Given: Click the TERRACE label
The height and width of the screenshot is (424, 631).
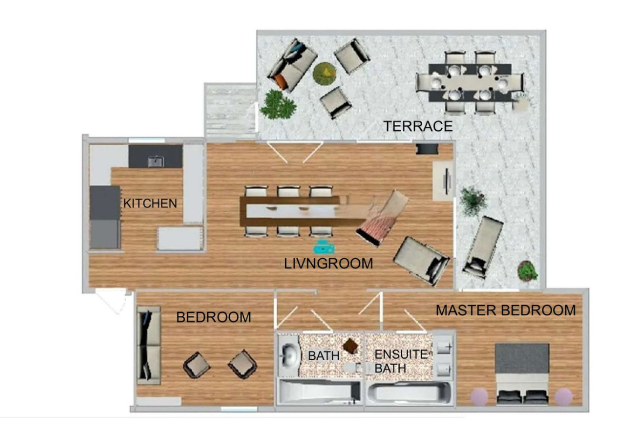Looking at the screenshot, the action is tap(418, 126).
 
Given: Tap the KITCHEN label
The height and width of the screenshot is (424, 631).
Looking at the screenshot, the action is tap(150, 203).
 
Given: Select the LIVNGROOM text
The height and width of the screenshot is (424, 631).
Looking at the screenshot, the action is tap(328, 264).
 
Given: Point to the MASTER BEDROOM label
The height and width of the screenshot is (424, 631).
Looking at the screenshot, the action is tap(505, 311).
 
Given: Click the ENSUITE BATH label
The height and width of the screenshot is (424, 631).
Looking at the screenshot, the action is tap(401, 361).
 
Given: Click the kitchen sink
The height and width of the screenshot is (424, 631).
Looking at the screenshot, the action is tap(156, 161).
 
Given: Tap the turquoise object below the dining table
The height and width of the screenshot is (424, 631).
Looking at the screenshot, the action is tap(324, 247).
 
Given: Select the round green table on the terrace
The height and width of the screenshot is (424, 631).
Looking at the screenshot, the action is tap(325, 74).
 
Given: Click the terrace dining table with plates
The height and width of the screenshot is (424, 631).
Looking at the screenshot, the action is tap(470, 83).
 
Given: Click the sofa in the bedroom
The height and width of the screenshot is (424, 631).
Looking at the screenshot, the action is tap(149, 345).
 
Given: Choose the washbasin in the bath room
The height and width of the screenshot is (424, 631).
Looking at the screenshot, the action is tap(289, 355).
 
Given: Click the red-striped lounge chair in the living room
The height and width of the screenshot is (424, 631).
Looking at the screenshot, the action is tap(382, 218).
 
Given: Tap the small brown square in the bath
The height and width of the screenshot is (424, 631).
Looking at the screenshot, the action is tap(351, 346).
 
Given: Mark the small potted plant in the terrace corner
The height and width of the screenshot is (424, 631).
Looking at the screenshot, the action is tap(527, 271).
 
